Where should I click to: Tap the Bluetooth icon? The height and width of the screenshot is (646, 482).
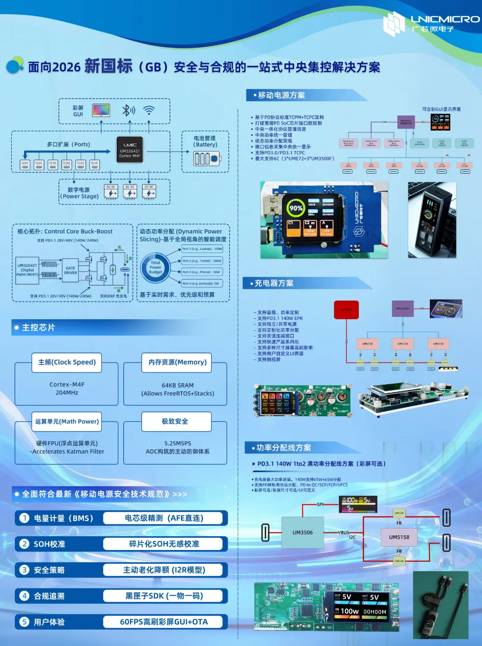(128, 110)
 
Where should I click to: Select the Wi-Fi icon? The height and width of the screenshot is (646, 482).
(149, 110)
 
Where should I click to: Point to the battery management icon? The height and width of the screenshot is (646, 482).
(206, 158)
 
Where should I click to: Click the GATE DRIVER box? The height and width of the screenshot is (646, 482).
(70, 270)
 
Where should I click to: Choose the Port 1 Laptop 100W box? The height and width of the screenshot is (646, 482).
(202, 249)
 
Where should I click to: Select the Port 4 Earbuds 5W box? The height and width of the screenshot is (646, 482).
(201, 283)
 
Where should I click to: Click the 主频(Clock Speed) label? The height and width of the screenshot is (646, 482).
(67, 362)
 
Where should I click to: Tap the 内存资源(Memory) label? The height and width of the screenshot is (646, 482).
(177, 362)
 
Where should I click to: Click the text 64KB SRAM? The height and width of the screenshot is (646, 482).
(178, 385)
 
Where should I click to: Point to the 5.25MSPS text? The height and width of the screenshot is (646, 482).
(178, 443)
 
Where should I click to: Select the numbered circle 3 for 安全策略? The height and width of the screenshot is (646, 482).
(25, 570)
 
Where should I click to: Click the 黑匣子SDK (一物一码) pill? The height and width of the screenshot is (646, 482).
(164, 596)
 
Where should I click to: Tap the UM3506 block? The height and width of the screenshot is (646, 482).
(302, 532)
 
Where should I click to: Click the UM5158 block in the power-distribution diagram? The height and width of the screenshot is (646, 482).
(399, 537)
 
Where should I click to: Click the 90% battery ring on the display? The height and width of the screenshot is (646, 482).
(296, 208)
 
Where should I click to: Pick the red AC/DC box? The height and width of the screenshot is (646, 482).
(346, 310)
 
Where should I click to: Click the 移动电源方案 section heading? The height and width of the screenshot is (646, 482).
(281, 95)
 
